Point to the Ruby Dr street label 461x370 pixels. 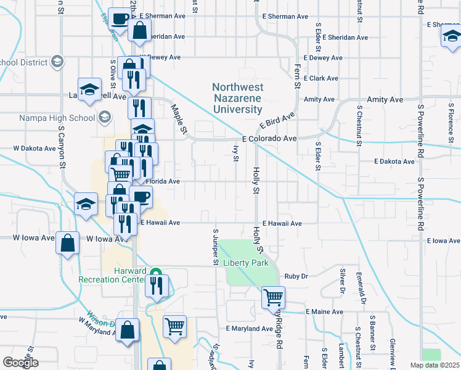click(296, 276)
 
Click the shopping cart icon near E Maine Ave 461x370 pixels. click(273, 297)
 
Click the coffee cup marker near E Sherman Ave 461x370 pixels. click(119, 18)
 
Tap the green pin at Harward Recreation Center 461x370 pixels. click(156, 273)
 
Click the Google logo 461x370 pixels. click(20, 363)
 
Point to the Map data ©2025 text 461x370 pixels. click(435, 365)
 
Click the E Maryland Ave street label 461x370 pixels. click(249, 329)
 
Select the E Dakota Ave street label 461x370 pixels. click(394, 162)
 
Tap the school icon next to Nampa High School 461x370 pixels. click(105, 117)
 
